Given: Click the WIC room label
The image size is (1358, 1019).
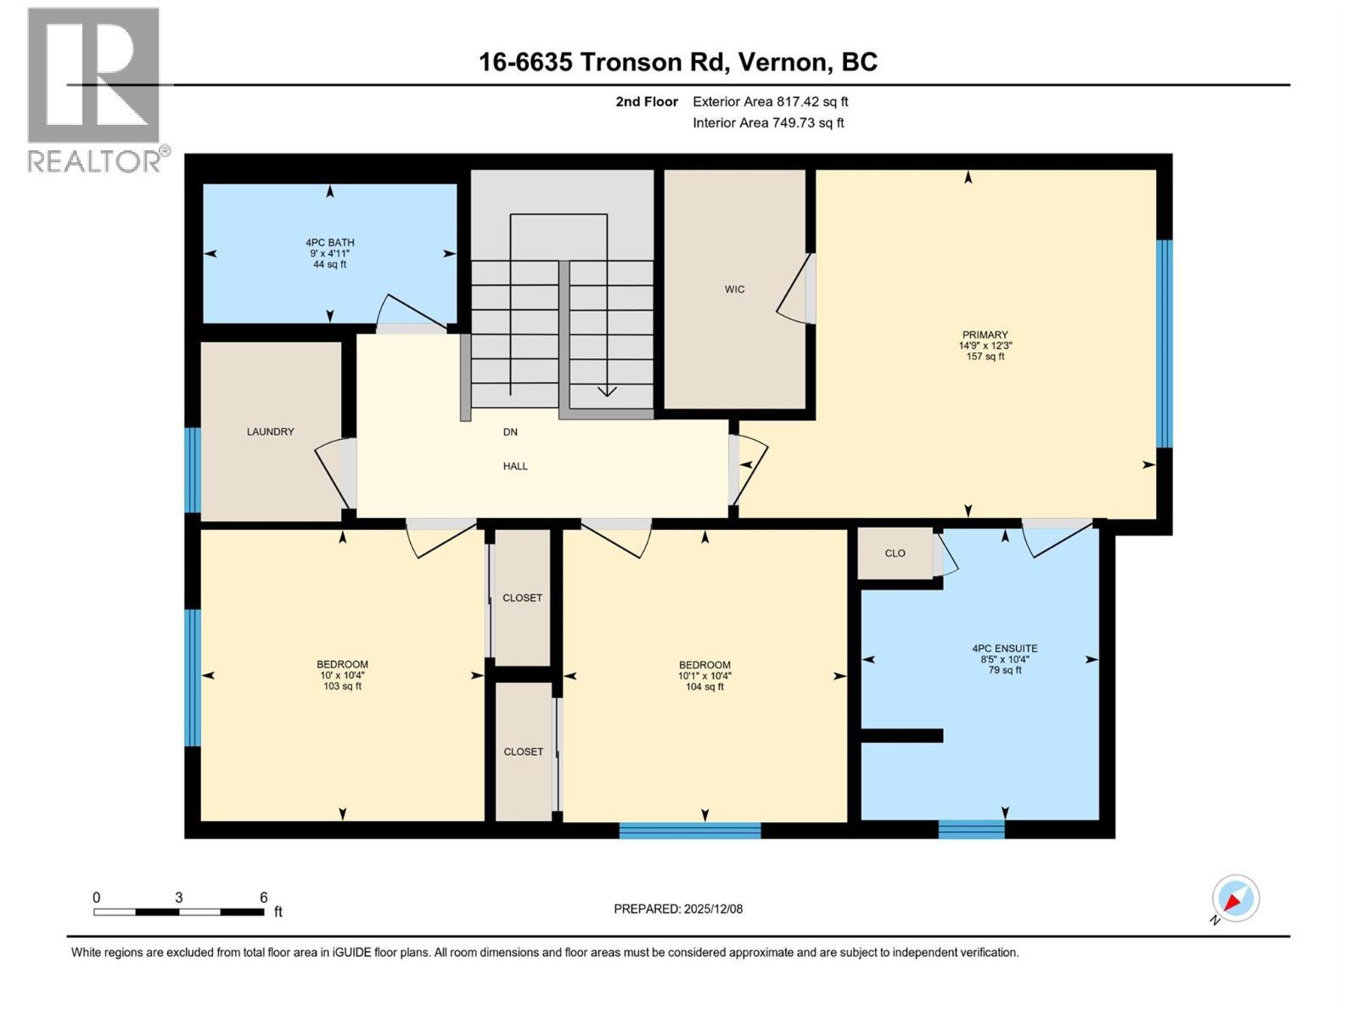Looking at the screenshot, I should click(x=734, y=290).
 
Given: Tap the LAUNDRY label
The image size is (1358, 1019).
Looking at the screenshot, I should click(x=270, y=432).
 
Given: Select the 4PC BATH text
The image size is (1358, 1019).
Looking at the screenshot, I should click(x=329, y=243).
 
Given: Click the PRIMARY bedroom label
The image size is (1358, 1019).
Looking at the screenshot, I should click(x=985, y=335).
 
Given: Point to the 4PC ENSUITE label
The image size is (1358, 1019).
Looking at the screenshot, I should click(x=1004, y=649).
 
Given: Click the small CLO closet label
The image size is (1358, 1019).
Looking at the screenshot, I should click(x=895, y=554).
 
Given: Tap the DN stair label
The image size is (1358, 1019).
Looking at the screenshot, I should click(x=510, y=432).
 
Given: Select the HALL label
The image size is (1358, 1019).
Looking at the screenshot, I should click(x=515, y=466).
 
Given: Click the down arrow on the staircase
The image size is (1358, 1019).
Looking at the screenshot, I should click(x=607, y=390).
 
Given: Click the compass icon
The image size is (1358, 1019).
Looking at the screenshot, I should click(x=1235, y=898).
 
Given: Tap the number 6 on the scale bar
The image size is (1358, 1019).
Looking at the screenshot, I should click(x=264, y=898).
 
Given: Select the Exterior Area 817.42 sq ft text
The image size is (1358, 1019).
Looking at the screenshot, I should click(x=770, y=102).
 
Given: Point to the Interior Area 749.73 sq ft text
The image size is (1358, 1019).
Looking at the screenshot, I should click(x=768, y=123).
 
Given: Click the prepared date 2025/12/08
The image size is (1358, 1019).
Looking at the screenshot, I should click(x=713, y=909).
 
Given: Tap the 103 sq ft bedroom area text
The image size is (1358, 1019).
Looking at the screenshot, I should click(x=342, y=686).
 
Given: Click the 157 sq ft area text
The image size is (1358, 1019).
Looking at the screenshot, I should click(x=985, y=357).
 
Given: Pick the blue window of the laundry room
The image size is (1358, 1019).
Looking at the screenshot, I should click(x=193, y=470).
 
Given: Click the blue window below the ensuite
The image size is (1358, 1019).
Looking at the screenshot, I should click(x=971, y=829).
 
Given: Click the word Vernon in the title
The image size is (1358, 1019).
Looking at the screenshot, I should click(x=782, y=62).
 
